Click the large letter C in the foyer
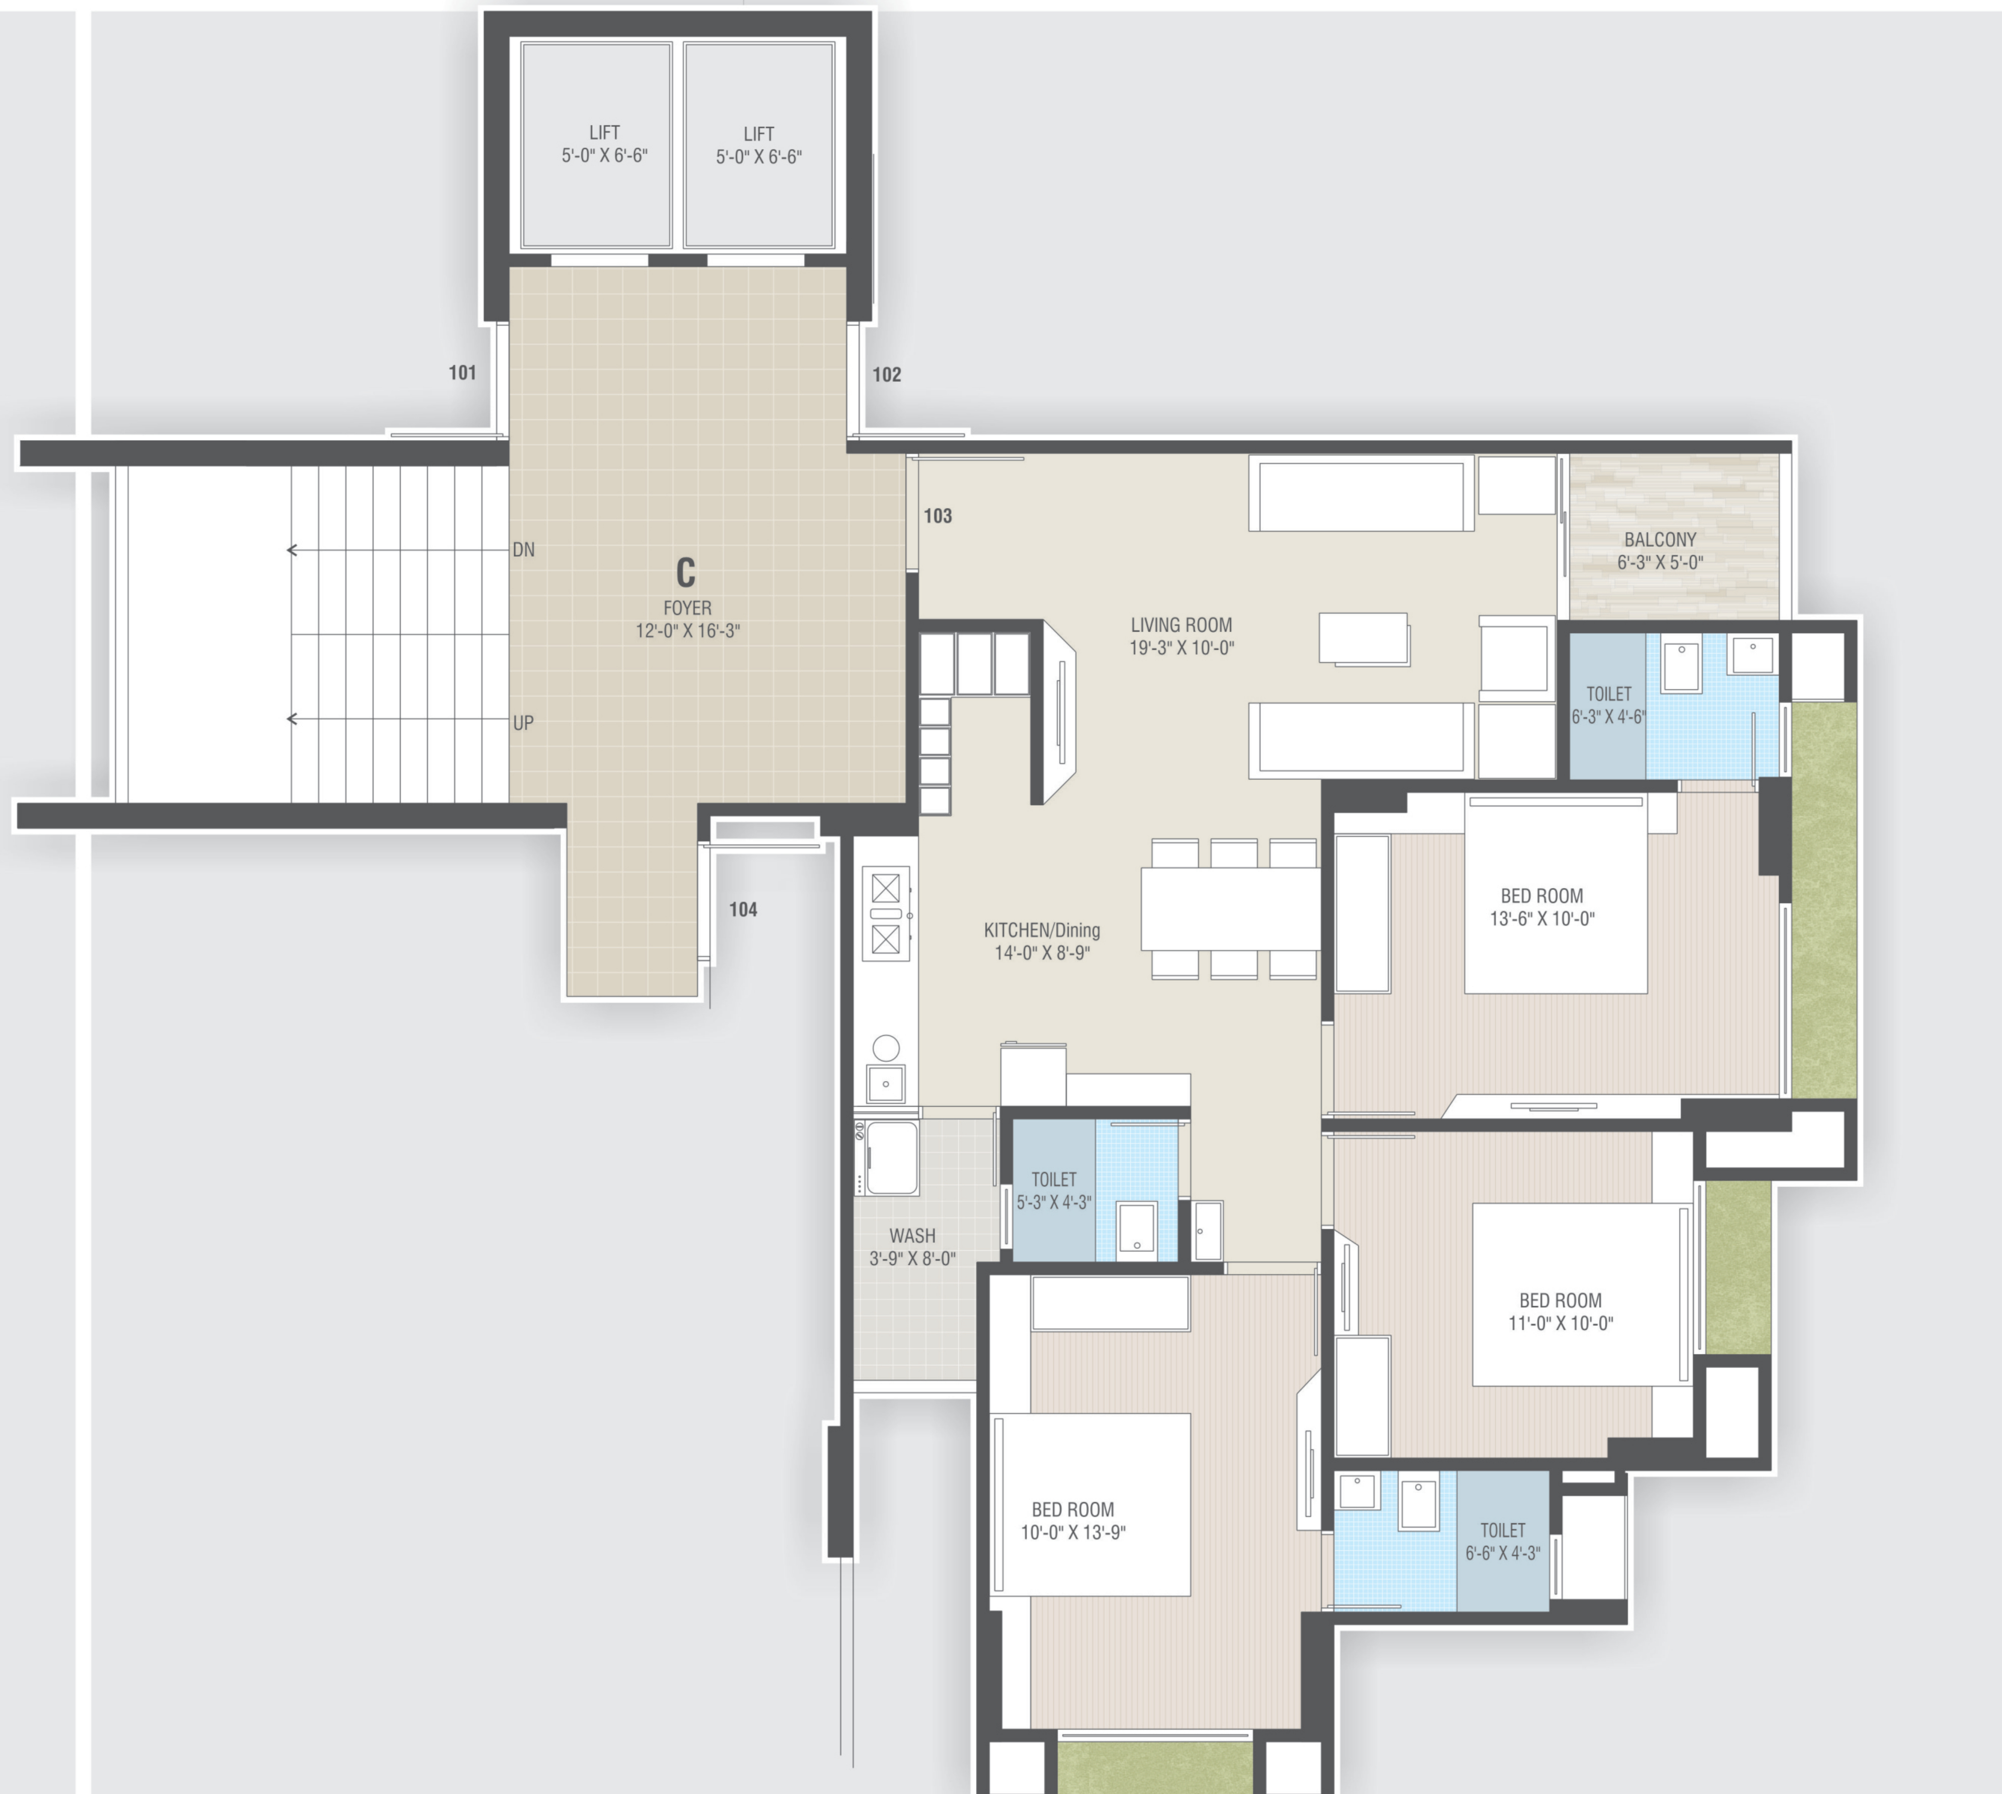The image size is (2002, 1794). [685, 573]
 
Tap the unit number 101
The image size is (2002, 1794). [463, 372]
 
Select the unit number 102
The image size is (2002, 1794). [886, 374]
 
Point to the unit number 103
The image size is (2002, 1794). [938, 516]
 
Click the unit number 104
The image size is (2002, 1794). [743, 910]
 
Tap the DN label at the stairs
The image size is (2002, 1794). [523, 550]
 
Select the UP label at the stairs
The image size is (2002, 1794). [523, 722]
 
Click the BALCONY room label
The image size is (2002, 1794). [1660, 540]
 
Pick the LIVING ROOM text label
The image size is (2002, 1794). [1181, 625]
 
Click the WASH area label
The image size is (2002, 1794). [912, 1235]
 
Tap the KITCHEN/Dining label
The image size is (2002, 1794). [1042, 929]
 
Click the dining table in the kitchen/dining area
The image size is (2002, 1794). [1230, 908]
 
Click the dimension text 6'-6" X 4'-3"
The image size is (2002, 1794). [1502, 1554]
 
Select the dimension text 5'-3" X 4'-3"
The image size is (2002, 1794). [1054, 1202]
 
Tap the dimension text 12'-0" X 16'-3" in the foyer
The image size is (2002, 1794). [687, 631]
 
